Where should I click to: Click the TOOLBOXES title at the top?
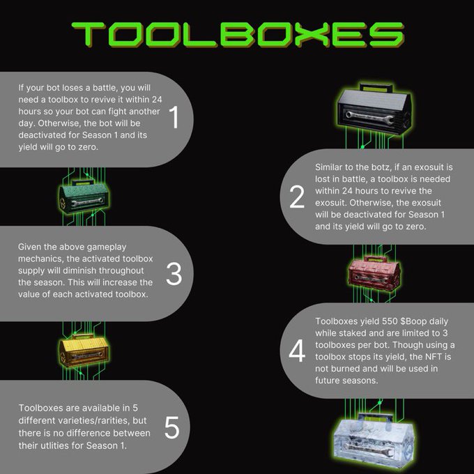pyautogui.click(x=238, y=34)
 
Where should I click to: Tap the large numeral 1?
pyautogui.click(x=174, y=117)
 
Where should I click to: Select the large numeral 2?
pyautogui.click(x=297, y=197)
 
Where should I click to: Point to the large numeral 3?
pyautogui.click(x=174, y=274)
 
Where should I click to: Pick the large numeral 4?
pyautogui.click(x=297, y=351)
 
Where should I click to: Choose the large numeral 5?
pyautogui.click(x=171, y=427)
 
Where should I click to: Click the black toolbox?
pyautogui.click(x=374, y=109)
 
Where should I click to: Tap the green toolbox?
pyautogui.click(x=84, y=197)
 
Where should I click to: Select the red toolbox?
pyautogui.click(x=374, y=273)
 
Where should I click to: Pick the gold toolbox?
pyautogui.click(x=84, y=351)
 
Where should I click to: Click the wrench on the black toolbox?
pyautogui.click(x=369, y=117)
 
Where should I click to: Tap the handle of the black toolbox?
pyautogui.click(x=376, y=88)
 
